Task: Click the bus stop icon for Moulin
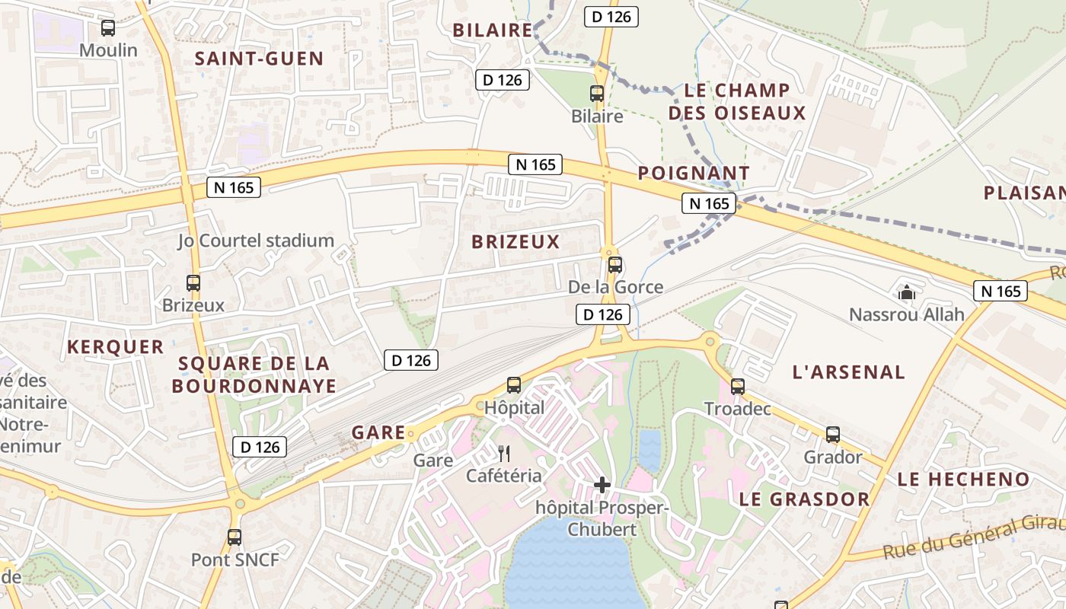[x=108, y=28]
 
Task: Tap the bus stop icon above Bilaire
[x=597, y=94]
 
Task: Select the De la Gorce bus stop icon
[x=615, y=265]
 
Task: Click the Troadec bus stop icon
[x=737, y=387]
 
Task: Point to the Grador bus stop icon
[x=833, y=435]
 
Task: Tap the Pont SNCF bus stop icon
[x=235, y=537]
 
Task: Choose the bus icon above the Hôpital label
[x=514, y=385]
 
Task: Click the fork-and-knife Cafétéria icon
[x=503, y=454]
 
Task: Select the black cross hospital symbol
[x=602, y=484]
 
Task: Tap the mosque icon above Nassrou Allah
[x=906, y=292]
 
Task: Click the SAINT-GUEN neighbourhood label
[x=259, y=59]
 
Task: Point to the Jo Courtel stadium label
[x=256, y=241]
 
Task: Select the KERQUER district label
[x=115, y=347]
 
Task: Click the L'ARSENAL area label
[x=849, y=372]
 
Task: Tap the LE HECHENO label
[x=963, y=480]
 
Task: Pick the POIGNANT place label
[x=694, y=174]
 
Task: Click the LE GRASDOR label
[x=804, y=499]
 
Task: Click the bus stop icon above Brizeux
[x=193, y=283]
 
